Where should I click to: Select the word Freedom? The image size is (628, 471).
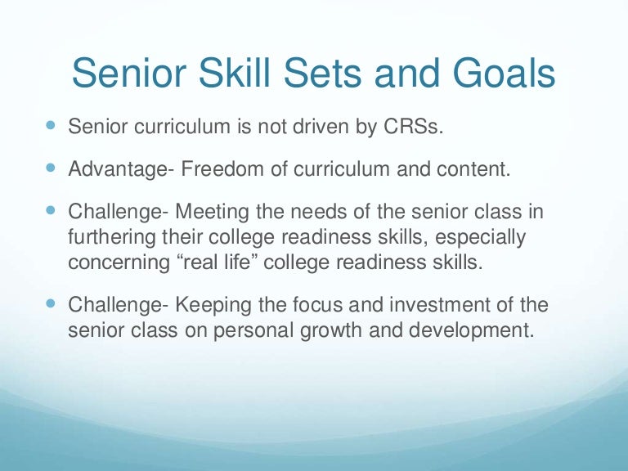coord(222,171)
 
